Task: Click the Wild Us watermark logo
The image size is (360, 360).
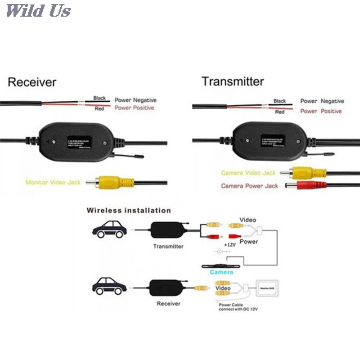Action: coord(38,10)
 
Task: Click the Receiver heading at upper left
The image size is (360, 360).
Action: coord(32,82)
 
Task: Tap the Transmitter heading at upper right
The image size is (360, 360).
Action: coord(233,81)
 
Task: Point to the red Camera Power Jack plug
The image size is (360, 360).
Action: coord(306,185)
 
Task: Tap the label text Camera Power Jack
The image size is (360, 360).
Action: coord(249,185)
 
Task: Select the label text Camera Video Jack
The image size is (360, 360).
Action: coord(248,173)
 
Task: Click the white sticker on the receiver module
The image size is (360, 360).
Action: coord(79,139)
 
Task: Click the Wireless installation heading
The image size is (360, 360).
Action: coord(129,210)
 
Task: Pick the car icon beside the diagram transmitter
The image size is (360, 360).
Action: coord(109,229)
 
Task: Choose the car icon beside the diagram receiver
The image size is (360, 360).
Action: coord(109,286)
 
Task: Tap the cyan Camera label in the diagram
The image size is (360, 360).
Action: coord(221,272)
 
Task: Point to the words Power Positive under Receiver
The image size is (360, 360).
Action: coord(134,108)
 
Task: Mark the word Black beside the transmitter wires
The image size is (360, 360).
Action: coord(279,101)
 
